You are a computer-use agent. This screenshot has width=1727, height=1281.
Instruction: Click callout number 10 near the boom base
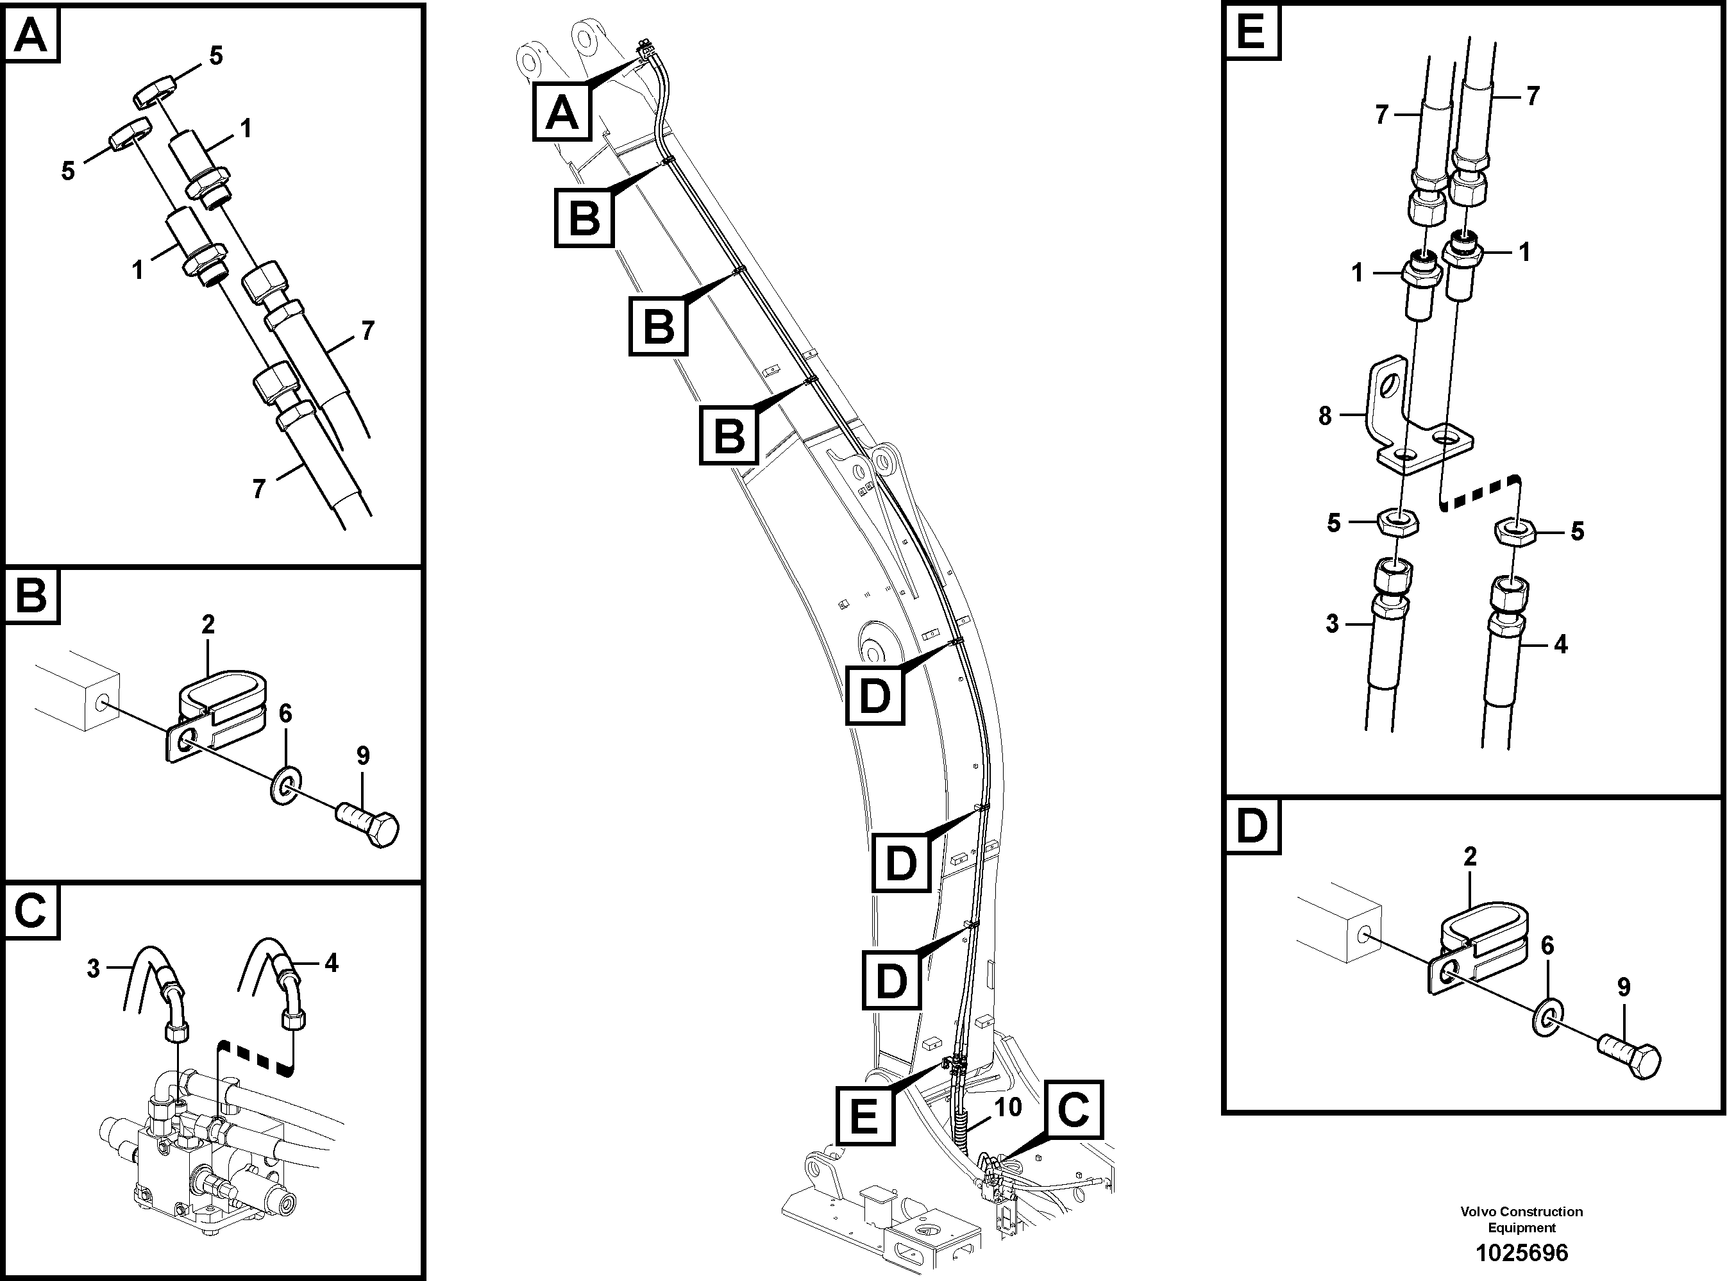pyautogui.click(x=1007, y=1107)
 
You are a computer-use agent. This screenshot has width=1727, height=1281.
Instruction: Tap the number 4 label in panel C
pyautogui.click(x=331, y=964)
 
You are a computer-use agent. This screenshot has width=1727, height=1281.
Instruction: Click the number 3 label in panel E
pyautogui.click(x=1331, y=623)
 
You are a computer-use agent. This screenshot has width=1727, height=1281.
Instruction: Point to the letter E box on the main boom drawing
pyautogui.click(x=864, y=1116)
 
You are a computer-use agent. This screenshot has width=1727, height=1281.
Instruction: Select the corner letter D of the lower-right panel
pyautogui.click(x=1252, y=826)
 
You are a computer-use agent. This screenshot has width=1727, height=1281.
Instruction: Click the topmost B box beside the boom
pyautogui.click(x=584, y=219)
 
